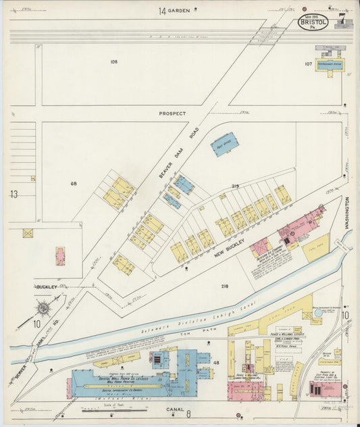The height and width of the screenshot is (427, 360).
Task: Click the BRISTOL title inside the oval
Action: tap(313, 22)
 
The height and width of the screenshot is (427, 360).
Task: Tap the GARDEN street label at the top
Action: tap(180, 11)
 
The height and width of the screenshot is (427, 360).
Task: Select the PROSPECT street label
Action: tap(172, 114)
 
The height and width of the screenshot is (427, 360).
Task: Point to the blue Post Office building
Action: tap(223, 145)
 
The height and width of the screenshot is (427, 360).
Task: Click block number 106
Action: tap(113, 61)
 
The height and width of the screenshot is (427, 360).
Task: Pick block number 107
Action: tap(308, 64)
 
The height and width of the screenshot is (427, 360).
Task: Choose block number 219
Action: tap(236, 186)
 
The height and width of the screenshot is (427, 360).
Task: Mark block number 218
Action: tap(224, 286)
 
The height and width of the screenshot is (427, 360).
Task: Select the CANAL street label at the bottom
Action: tap(175, 409)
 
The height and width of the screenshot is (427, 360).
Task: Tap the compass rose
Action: tap(43, 309)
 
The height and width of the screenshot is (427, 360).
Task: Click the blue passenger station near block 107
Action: tap(330, 64)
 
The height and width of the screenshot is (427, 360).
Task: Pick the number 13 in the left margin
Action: tap(14, 194)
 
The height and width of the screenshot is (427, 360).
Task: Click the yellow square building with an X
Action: tap(28, 233)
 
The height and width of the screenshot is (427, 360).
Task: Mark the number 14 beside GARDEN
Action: tap(162, 11)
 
